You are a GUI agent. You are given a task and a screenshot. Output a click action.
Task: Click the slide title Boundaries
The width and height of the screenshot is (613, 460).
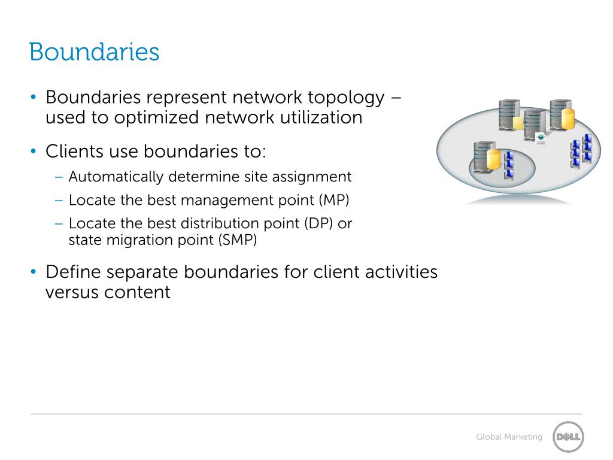94,52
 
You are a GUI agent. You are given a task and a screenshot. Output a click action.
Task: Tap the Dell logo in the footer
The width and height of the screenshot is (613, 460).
568,437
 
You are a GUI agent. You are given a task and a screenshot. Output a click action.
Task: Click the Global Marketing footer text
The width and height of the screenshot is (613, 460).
509,437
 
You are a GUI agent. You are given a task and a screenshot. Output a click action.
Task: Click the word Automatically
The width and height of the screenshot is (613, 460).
116,177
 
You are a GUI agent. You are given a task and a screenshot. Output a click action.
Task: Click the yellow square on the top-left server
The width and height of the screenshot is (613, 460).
518,123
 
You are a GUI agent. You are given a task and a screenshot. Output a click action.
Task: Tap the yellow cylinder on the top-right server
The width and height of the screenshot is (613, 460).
568,119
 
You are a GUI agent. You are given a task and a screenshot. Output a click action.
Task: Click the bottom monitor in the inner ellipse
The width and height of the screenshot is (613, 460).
509,174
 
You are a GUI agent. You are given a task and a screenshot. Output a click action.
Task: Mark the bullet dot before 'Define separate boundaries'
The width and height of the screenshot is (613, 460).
34,273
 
